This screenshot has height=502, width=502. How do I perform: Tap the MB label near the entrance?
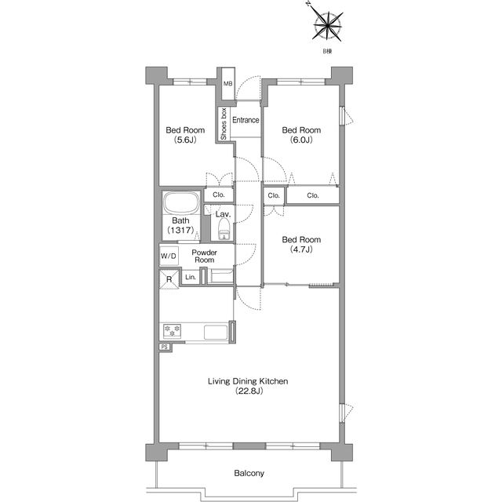point(228,84)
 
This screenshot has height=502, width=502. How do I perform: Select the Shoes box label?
point(224,124)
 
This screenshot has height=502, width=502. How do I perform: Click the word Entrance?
point(246,120)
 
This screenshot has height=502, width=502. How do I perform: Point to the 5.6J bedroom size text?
point(185,140)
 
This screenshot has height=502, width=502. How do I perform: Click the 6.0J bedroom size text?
point(301,140)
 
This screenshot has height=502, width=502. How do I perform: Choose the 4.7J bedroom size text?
point(301,249)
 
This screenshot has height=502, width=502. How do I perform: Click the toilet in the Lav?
point(224,229)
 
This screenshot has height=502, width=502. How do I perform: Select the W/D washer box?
point(169,256)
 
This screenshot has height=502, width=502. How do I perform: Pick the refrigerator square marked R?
point(169,279)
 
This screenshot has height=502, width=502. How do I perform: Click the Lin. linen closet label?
point(191,277)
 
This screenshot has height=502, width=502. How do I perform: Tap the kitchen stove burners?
point(173,331)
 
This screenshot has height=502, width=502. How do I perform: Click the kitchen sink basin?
point(216,333)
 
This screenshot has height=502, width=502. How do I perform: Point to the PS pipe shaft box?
point(165,347)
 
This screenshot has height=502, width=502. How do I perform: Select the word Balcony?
point(249,473)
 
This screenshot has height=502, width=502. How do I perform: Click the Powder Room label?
point(204,256)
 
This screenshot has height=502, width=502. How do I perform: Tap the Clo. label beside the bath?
point(219,195)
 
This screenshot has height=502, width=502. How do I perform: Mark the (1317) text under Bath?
point(180,230)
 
